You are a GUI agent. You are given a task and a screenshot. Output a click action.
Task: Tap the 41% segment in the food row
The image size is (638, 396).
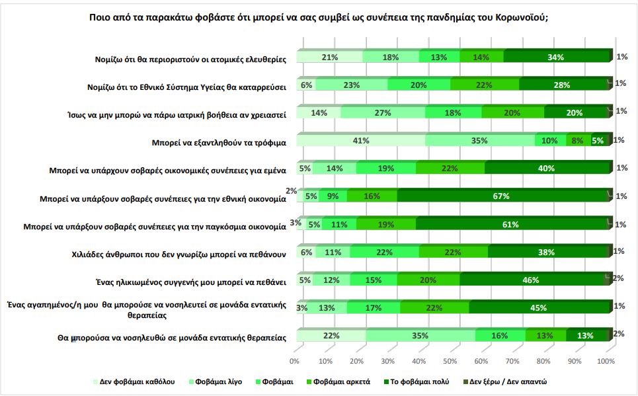(x=360, y=140)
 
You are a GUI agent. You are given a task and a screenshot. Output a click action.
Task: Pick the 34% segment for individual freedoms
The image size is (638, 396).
(x=555, y=57)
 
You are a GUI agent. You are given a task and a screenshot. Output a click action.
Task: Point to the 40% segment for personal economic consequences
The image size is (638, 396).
(x=547, y=168)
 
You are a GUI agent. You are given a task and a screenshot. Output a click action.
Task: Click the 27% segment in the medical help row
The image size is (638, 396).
(x=382, y=112)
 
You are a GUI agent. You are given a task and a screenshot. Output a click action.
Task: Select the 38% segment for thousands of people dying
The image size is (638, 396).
(x=547, y=252)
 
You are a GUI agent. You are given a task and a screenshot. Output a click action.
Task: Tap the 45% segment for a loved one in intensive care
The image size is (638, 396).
(x=538, y=307)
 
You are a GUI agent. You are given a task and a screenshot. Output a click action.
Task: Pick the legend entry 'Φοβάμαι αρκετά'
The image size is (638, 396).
(x=341, y=381)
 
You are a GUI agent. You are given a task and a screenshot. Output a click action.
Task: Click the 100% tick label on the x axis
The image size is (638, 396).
(x=606, y=362)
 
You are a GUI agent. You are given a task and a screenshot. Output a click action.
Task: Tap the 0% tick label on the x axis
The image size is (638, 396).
(x=295, y=362)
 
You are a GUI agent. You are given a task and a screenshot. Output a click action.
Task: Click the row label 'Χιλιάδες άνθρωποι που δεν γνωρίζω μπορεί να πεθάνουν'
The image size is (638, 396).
(x=179, y=253)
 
